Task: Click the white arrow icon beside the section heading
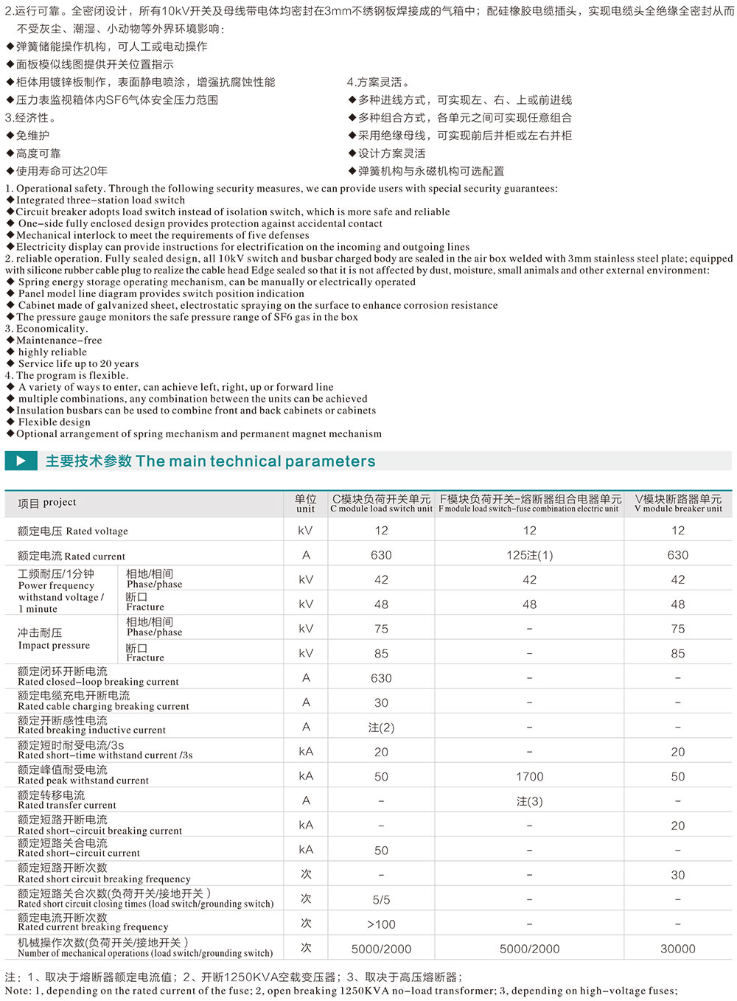click(x=21, y=461)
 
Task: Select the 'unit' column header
click(x=306, y=503)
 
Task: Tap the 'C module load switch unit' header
click(x=381, y=503)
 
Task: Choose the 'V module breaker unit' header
click(x=678, y=503)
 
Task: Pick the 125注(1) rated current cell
click(x=529, y=555)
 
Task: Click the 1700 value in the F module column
click(x=529, y=776)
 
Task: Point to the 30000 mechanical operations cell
click(x=678, y=949)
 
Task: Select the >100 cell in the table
click(x=381, y=924)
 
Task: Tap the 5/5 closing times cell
click(x=381, y=899)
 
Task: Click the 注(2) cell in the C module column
click(x=381, y=728)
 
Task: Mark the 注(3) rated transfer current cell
click(x=529, y=801)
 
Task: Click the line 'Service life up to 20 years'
click(x=78, y=363)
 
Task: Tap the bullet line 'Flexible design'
click(x=55, y=422)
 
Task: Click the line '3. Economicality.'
click(x=46, y=329)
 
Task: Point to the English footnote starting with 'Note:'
click(x=341, y=991)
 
